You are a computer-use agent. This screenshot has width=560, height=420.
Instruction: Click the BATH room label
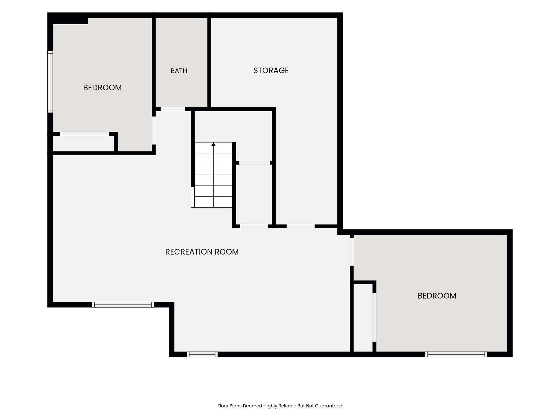pyautogui.click(x=179, y=71)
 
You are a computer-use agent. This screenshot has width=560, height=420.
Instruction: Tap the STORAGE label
pyautogui.click(x=271, y=71)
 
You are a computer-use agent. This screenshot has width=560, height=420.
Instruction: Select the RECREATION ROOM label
pyautogui.click(x=202, y=252)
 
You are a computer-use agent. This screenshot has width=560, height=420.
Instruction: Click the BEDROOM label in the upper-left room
pyautogui.click(x=102, y=87)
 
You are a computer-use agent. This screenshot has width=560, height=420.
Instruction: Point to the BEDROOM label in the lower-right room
pyautogui.click(x=437, y=296)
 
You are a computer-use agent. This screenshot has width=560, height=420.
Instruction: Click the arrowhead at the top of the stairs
pyautogui.click(x=214, y=144)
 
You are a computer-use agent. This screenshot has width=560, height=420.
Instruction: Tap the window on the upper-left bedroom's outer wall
pyautogui.click(x=50, y=81)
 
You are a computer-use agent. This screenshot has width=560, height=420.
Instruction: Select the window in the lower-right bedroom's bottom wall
pyautogui.click(x=456, y=354)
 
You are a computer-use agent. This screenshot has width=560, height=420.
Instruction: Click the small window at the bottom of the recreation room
pyautogui.click(x=202, y=354)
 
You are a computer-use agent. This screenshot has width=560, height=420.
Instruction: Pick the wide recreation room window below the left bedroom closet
pyautogui.click(x=123, y=305)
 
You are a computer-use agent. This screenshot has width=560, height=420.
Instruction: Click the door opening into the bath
pyautogui.click(x=173, y=109)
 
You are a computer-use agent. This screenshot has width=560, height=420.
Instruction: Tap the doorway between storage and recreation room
pyautogui.click(x=301, y=226)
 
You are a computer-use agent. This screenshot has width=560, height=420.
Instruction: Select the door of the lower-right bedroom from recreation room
pyautogui.click(x=352, y=252)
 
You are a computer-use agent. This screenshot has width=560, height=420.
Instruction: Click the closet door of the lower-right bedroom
pyautogui.click(x=374, y=317)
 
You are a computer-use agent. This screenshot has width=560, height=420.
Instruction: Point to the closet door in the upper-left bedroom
pyautogui.click(x=84, y=134)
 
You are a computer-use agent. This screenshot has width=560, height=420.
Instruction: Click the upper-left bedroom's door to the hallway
pyautogui.click(x=154, y=130)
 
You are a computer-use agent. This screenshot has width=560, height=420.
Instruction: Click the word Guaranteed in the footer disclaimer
pyautogui.click(x=328, y=406)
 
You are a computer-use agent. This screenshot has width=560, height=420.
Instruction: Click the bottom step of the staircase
pyautogui.click(x=213, y=202)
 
